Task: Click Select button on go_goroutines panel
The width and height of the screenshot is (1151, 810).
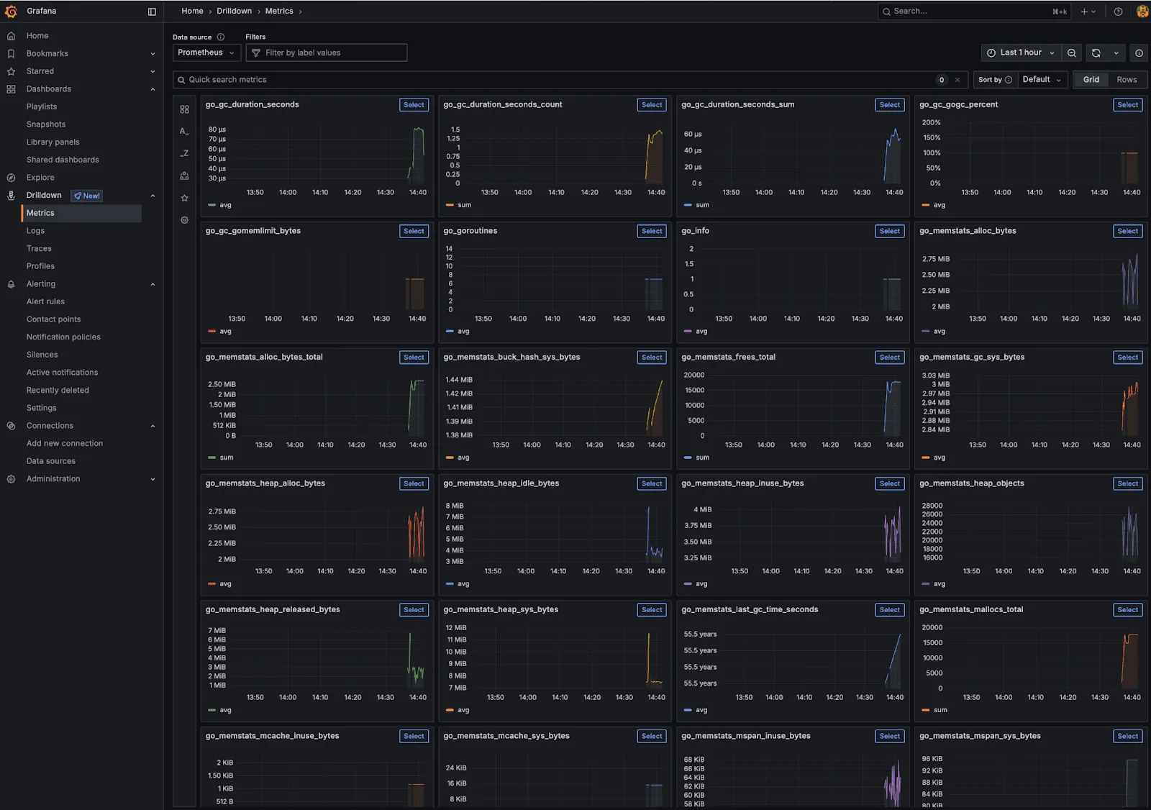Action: (x=652, y=231)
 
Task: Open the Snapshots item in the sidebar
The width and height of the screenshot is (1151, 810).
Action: (x=46, y=124)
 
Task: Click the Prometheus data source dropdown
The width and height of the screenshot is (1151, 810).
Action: (x=206, y=53)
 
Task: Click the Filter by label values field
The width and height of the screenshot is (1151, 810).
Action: (x=327, y=53)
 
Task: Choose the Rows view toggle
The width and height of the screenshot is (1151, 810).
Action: (x=1127, y=80)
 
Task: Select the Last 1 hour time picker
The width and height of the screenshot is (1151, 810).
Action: (x=1021, y=53)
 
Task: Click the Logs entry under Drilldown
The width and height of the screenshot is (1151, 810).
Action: (x=35, y=231)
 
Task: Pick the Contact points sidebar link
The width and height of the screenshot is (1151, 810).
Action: (x=53, y=319)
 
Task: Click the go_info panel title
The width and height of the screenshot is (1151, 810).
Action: (x=695, y=231)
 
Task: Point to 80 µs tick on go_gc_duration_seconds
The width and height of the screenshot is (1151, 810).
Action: (x=217, y=129)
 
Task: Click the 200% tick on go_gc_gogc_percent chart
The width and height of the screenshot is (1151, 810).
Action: (x=931, y=122)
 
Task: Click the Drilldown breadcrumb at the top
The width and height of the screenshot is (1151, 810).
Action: (x=234, y=11)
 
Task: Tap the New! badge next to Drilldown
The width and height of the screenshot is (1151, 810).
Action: (x=87, y=196)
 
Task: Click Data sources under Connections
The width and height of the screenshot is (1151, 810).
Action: (x=50, y=461)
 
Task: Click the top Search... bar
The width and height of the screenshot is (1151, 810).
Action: (x=971, y=12)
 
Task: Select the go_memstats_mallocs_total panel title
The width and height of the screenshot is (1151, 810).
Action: (x=971, y=609)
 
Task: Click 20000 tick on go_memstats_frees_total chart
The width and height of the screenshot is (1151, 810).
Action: (x=694, y=375)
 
